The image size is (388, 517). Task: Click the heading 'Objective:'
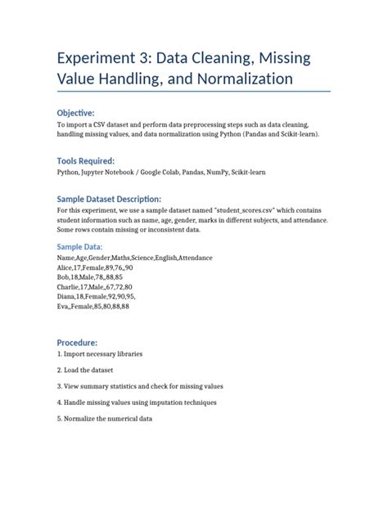tap(75, 112)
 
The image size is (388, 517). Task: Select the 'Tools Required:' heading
tap(85, 160)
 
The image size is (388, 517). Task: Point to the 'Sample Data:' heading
tap(79, 245)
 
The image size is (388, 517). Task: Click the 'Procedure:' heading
tap(77, 342)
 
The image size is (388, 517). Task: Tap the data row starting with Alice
tap(95, 267)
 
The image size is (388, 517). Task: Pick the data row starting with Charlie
tap(95, 286)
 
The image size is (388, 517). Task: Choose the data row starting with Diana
tap(97, 296)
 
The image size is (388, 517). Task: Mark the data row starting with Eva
tap(92, 306)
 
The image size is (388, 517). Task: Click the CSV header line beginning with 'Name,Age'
tap(134, 257)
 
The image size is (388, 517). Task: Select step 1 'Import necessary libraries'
tap(100, 354)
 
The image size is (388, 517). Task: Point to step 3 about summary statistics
tap(140, 385)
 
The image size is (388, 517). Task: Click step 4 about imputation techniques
tap(137, 402)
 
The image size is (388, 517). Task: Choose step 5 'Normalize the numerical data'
tap(105, 418)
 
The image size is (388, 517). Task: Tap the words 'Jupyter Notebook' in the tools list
tap(115, 173)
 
